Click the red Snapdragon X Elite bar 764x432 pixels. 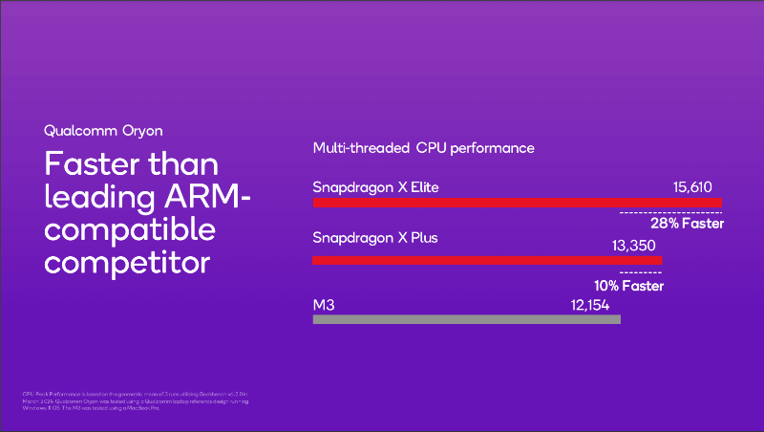pyautogui.click(x=517, y=204)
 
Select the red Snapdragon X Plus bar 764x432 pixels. pyautogui.click(x=487, y=260)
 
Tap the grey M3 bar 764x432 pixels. pyautogui.click(x=466, y=318)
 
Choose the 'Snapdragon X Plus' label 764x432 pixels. pyautogui.click(x=375, y=236)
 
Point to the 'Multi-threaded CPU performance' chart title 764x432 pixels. pyautogui.click(x=423, y=148)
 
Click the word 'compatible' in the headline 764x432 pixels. pyautogui.click(x=130, y=231)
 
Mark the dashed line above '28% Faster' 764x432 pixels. pyautogui.click(x=670, y=211)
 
